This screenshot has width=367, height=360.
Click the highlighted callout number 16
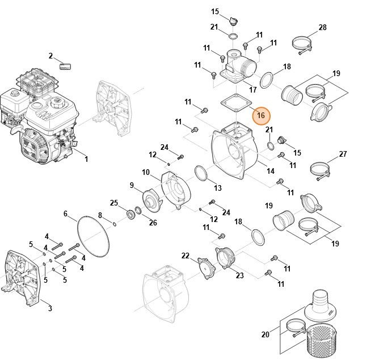[x=260, y=116]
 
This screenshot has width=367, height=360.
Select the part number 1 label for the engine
[x=86, y=160]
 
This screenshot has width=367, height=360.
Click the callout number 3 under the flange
[x=49, y=308]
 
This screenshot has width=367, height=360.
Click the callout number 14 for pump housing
[x=271, y=171]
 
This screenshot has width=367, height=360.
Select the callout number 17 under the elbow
[x=253, y=90]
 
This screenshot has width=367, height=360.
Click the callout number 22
[x=185, y=256]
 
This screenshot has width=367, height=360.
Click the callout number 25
[x=114, y=203]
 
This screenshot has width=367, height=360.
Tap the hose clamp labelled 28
[x=304, y=44]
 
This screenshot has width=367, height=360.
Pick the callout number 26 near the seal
[x=153, y=222]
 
